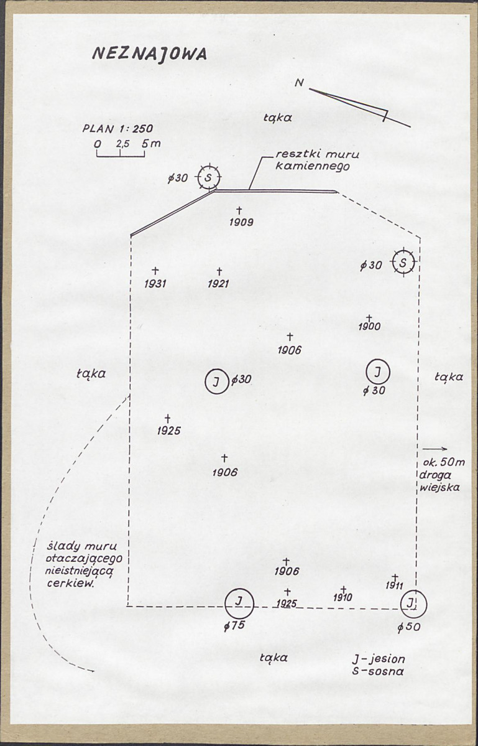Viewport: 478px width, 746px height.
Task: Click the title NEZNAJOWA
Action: tap(149, 54)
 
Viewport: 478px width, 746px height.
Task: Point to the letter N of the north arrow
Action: tap(300, 83)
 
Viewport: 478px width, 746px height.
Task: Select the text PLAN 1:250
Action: tap(118, 128)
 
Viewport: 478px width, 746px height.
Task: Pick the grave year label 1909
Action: tap(241, 222)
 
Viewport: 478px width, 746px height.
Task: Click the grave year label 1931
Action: tap(155, 284)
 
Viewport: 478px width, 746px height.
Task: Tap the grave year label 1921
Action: tap(219, 284)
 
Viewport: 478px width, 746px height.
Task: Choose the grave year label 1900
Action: tap(369, 327)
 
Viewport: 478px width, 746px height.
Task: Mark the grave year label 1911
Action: tap(394, 585)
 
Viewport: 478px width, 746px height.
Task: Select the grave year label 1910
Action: tap(342, 597)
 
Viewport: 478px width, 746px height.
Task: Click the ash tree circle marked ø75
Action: tap(239, 603)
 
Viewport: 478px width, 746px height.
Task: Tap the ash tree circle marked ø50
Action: tap(413, 604)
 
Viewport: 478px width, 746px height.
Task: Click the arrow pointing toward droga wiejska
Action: tap(434, 449)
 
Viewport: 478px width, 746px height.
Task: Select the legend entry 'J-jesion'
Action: tap(379, 660)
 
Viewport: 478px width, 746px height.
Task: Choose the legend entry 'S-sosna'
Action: tap(378, 671)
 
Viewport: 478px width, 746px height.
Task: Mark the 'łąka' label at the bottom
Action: tap(274, 658)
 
